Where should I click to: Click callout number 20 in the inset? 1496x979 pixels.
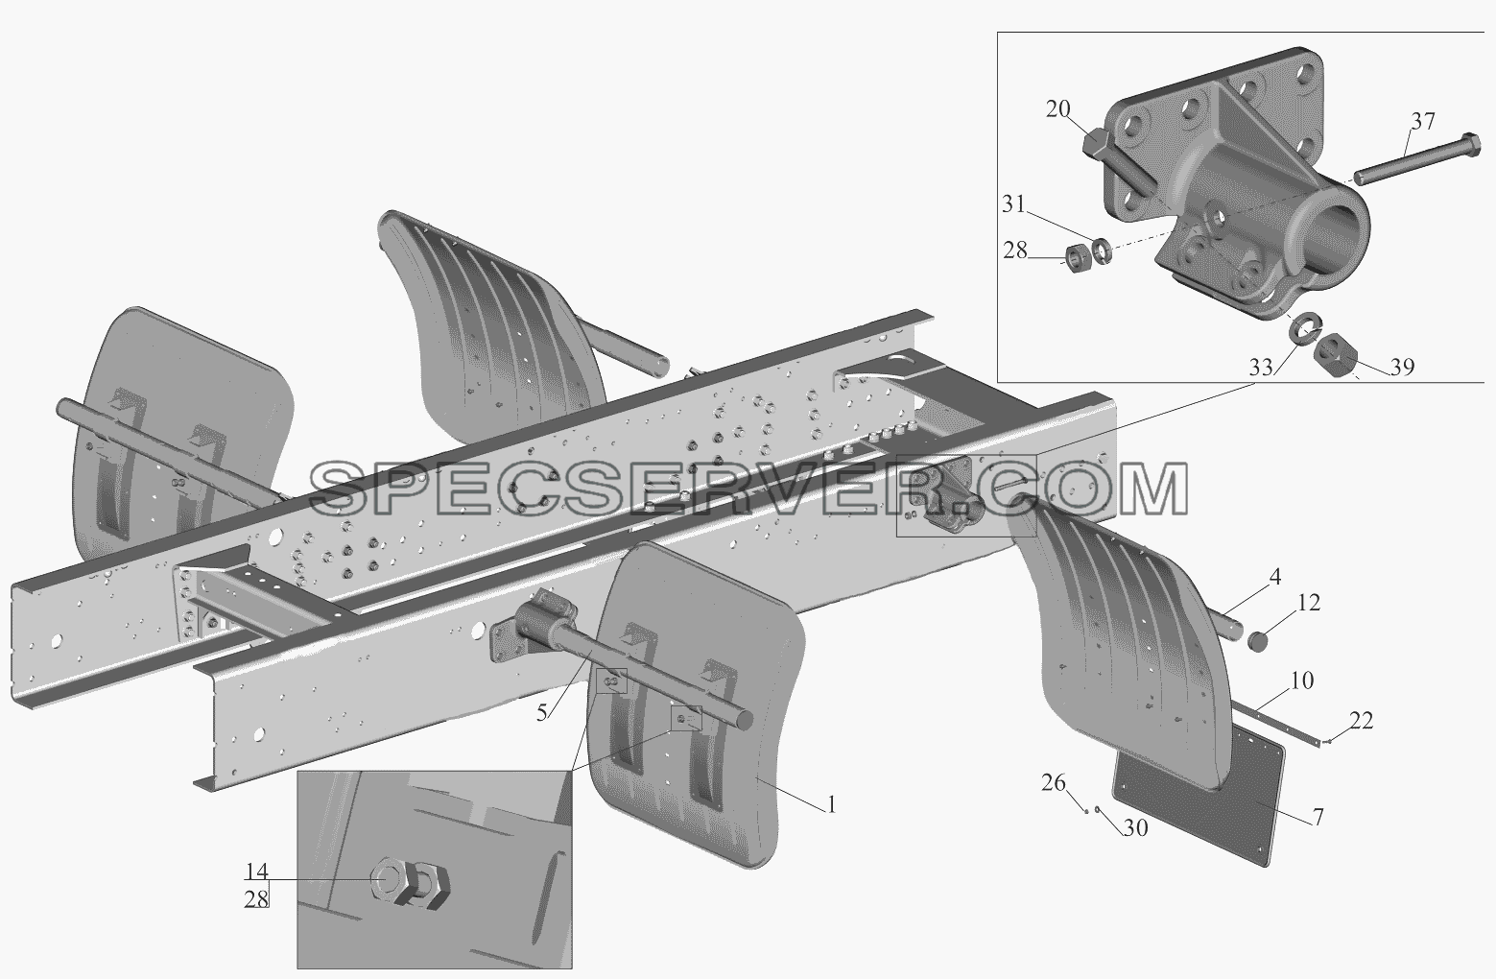[x=1057, y=108]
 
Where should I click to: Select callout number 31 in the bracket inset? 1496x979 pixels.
[x=1013, y=204]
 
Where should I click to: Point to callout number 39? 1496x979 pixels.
[x=1403, y=367]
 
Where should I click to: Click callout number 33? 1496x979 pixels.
[x=1261, y=368]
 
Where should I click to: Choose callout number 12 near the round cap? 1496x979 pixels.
[x=1308, y=603]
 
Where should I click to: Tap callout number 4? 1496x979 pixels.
[x=1274, y=577]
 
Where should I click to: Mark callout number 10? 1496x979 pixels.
[x=1301, y=681]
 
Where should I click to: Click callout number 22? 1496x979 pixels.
[x=1361, y=721]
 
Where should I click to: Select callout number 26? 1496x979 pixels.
[x=1054, y=782]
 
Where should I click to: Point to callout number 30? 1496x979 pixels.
[x=1135, y=827]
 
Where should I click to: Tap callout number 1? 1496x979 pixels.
[x=831, y=805]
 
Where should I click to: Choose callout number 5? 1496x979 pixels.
[x=541, y=712]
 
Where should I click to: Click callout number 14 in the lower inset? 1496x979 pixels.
[x=256, y=872]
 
